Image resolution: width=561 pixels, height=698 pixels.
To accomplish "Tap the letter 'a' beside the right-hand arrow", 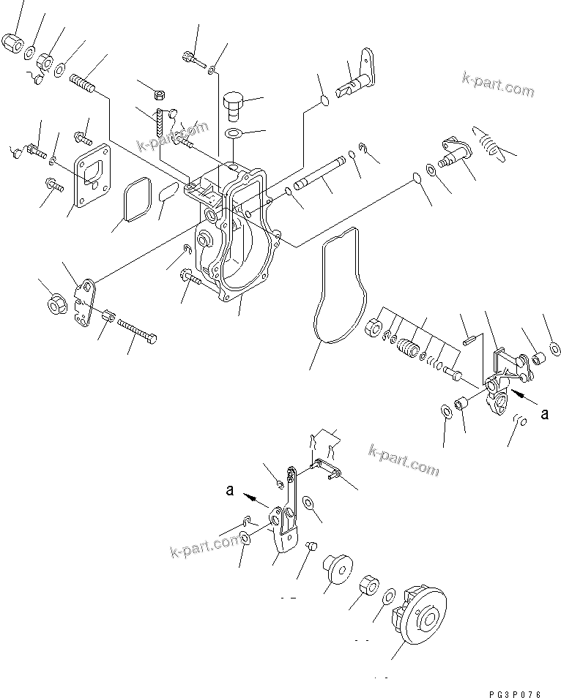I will [x=543, y=414].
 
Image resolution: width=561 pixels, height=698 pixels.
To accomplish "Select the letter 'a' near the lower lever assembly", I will [x=229, y=492].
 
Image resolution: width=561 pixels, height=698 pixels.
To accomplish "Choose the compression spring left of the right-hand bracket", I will [x=406, y=341].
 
